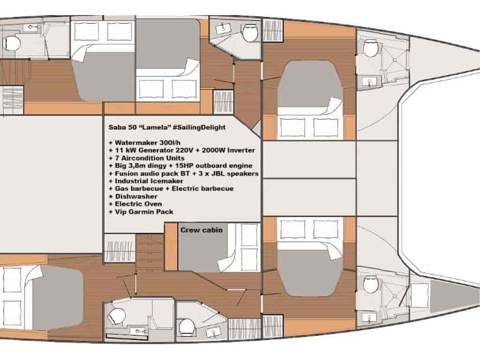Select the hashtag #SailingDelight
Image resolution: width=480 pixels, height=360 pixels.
[x=199, y=127]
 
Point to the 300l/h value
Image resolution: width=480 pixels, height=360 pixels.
[x=170, y=142]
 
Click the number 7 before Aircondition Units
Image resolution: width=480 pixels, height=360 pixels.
[x=117, y=158]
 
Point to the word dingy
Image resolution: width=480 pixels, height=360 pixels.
[x=172, y=166]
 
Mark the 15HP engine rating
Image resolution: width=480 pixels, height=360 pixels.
[x=201, y=165]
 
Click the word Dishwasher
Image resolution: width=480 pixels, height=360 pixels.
[x=136, y=196]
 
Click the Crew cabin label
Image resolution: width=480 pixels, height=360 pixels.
[x=202, y=230]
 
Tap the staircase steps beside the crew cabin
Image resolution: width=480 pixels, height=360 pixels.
[x=150, y=253]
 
